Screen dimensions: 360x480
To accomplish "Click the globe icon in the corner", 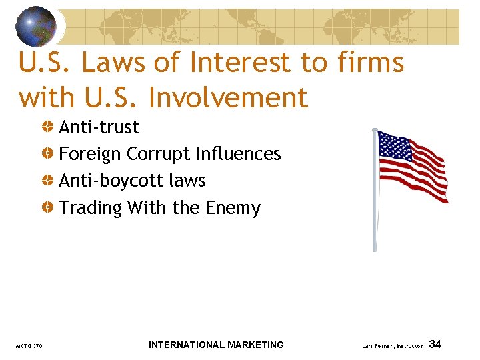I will click(x=36, y=26).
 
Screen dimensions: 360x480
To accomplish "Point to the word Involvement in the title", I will click(x=229, y=98).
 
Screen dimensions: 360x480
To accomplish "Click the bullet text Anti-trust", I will click(x=99, y=127).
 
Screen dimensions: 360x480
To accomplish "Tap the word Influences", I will click(x=238, y=154).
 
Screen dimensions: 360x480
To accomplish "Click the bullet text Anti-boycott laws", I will click(x=132, y=181).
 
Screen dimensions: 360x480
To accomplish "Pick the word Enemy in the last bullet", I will click(x=233, y=208).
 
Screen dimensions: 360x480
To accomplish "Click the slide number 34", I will click(x=435, y=344).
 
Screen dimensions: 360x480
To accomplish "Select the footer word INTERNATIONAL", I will click(x=187, y=345).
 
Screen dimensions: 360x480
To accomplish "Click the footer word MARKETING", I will click(x=256, y=345).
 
